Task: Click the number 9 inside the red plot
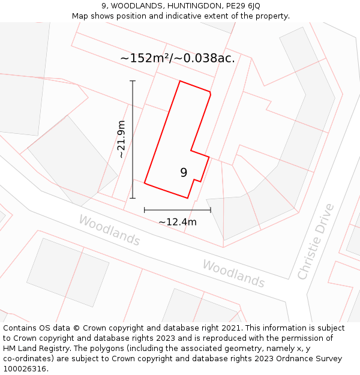pyautogui.click(x=184, y=173)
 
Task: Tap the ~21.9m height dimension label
pyautogui.click(x=122, y=139)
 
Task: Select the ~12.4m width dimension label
pyautogui.click(x=178, y=222)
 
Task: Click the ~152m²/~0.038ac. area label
pyautogui.click(x=178, y=58)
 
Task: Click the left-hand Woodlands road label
pyautogui.click(x=110, y=231)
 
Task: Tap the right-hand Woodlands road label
pyautogui.click(x=233, y=273)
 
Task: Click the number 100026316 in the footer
pyautogui.click(x=25, y=369)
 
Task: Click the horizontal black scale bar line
pyautogui.click(x=178, y=210)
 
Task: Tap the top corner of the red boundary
pyautogui.click(x=180, y=81)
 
